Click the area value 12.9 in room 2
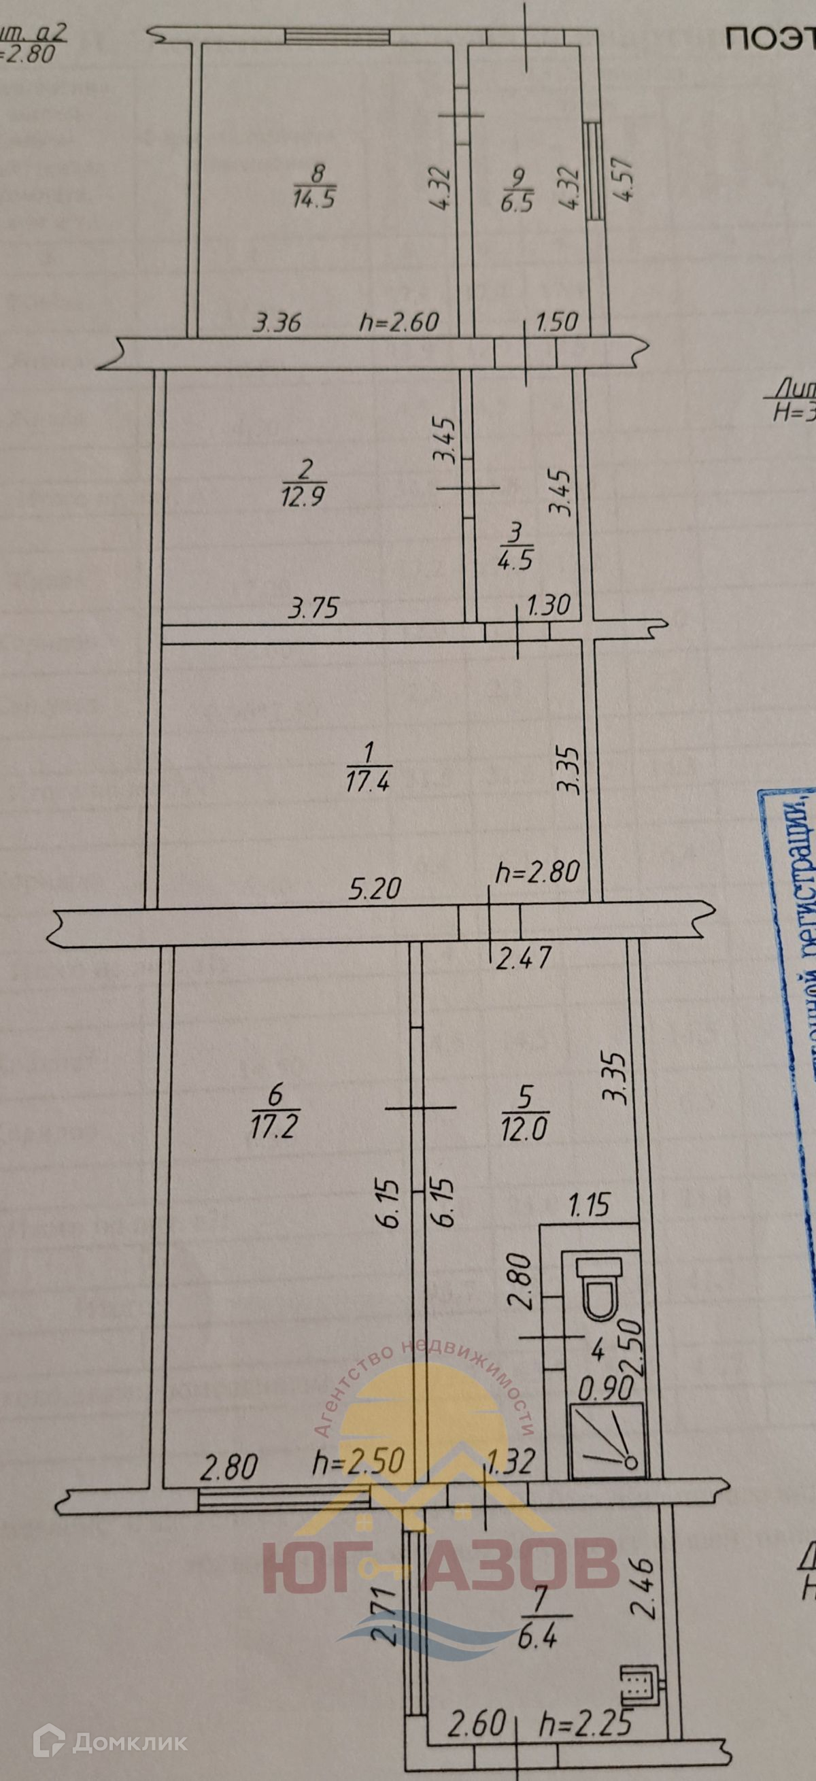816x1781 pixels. [x=303, y=495]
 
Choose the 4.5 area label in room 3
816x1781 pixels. [x=515, y=558]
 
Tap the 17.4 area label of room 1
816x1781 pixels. [x=368, y=782]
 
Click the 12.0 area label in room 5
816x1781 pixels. [x=524, y=1130]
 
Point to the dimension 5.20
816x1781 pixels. [x=374, y=888]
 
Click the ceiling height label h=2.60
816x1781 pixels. [x=400, y=322]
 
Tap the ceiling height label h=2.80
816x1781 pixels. [x=537, y=872]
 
